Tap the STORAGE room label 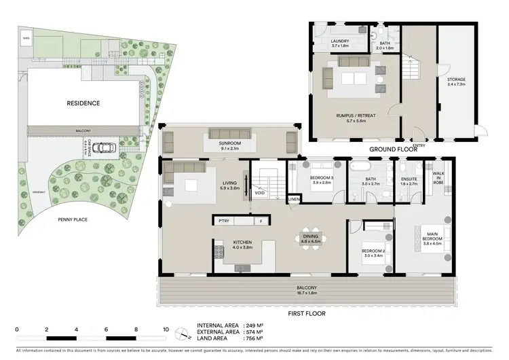point(456,79)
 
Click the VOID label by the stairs point(260,192)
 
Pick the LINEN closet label point(294,199)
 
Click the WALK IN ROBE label point(439,178)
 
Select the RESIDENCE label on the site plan point(83,103)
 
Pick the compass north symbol point(181,333)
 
